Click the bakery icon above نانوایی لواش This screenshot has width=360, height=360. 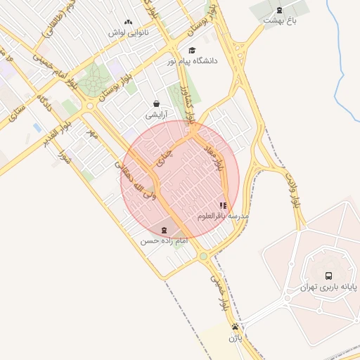[x=127, y=22]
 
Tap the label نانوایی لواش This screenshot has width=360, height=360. [x=127, y=32]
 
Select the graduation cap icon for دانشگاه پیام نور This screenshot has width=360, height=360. [x=192, y=51]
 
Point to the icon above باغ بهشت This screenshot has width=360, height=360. [x=280, y=10]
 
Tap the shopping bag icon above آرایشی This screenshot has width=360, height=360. [x=155, y=103]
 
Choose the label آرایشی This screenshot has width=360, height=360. [x=155, y=114]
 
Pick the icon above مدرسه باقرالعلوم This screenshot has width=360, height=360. [x=224, y=205]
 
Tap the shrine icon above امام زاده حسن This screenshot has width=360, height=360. [x=164, y=230]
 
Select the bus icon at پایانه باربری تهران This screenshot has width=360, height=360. [x=328, y=276]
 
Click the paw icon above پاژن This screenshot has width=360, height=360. [x=235, y=327]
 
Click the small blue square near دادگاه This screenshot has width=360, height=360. [x=37, y=127]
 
